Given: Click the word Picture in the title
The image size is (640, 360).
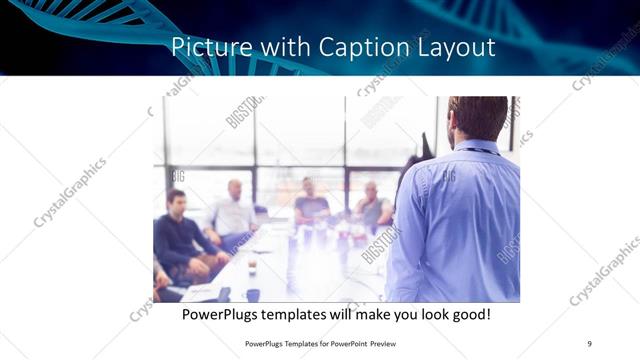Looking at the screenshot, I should (x=202, y=47).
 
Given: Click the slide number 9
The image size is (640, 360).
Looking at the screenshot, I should (x=589, y=344).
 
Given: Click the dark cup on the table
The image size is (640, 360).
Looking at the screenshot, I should (x=252, y=294).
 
